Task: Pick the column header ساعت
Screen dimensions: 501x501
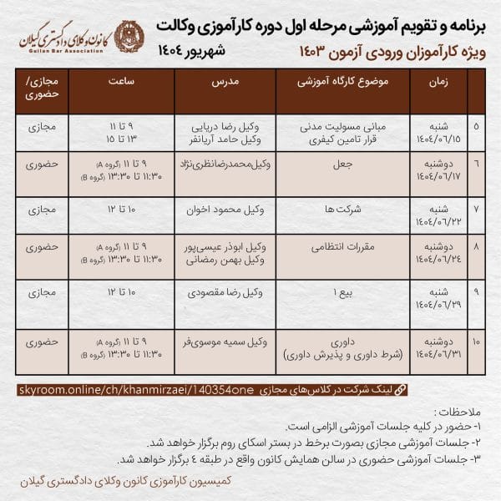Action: click(122, 83)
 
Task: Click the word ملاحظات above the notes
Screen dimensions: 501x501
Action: click(458, 413)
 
